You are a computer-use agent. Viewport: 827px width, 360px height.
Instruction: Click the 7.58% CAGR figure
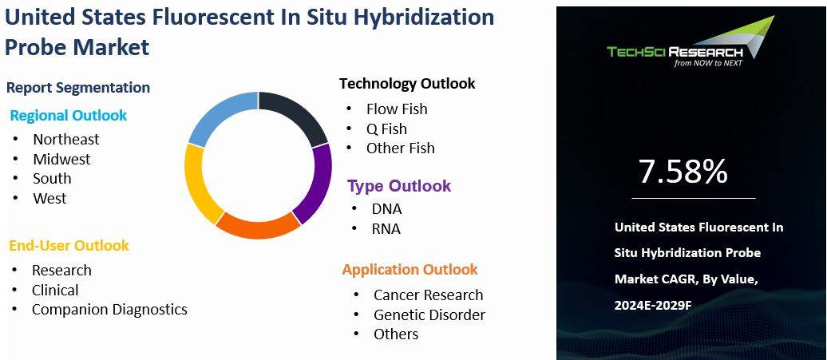[x=683, y=172]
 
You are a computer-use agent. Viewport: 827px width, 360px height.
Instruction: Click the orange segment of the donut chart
[x=257, y=226]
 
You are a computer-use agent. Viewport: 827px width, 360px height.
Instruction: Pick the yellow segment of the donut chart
[x=197, y=181]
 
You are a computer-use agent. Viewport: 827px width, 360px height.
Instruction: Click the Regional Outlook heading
[x=68, y=116]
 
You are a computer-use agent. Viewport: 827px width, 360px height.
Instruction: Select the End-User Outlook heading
[x=69, y=246]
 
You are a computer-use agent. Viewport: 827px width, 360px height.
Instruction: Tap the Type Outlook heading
[x=398, y=187]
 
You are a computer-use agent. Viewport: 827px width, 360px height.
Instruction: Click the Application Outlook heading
[x=410, y=270]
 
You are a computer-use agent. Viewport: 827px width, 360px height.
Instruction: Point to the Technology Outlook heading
[x=406, y=84]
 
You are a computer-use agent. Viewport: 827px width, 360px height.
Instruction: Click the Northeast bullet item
[x=65, y=140]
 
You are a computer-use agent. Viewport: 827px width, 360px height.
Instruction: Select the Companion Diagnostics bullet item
[x=109, y=310]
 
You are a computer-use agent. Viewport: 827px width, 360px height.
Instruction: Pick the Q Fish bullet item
[x=386, y=129]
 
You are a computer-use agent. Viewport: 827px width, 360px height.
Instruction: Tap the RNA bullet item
[x=386, y=230]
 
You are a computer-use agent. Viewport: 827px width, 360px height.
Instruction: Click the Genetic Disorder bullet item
[x=429, y=315]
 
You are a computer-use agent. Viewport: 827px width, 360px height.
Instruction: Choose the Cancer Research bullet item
[x=428, y=295]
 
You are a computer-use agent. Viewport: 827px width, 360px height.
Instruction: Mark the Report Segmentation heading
[x=77, y=88]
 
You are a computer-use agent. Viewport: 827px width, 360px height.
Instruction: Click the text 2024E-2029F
[x=653, y=306]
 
